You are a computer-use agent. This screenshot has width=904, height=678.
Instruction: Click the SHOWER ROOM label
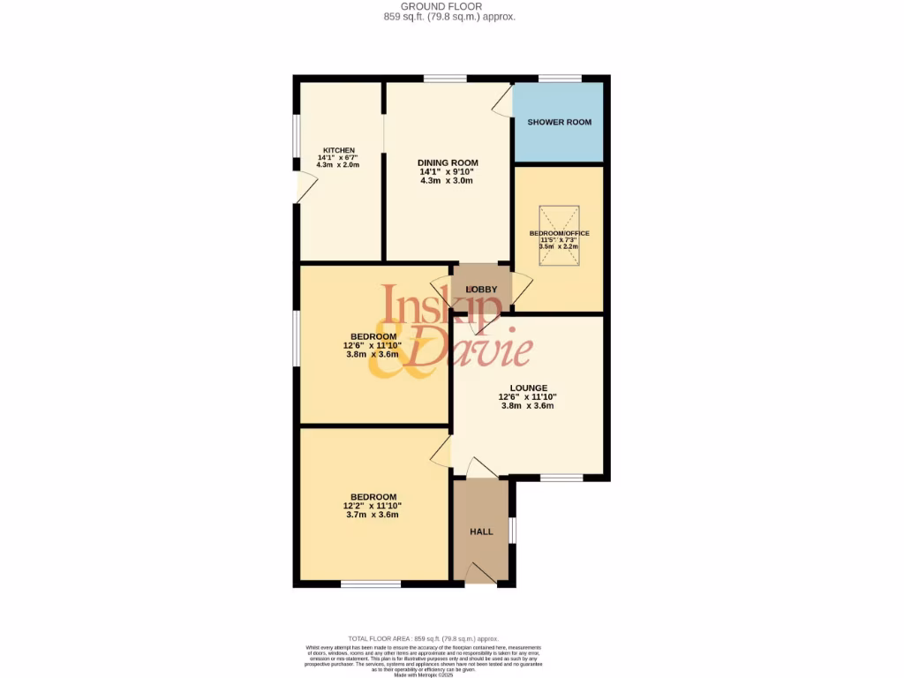[x=559, y=122]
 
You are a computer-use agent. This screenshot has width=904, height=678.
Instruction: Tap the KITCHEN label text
[x=338, y=150]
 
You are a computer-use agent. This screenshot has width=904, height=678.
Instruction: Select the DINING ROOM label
[x=448, y=162]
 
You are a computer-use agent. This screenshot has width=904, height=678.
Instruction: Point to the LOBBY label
[x=482, y=290]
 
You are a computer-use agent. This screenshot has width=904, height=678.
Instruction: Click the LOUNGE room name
[x=528, y=388]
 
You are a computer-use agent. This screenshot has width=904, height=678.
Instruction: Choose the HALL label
[x=481, y=531]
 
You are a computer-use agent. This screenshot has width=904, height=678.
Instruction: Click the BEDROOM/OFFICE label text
[x=559, y=233]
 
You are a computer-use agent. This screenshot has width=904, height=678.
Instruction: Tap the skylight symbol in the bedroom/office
[x=559, y=236]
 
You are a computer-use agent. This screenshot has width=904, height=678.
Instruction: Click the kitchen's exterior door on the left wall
[x=305, y=186]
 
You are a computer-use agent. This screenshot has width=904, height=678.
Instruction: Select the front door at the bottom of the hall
[x=480, y=573]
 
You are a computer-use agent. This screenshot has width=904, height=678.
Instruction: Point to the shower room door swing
[x=502, y=101]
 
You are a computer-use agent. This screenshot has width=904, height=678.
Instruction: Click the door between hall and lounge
[x=481, y=468]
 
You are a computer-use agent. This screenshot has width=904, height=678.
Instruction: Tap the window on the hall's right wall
[x=513, y=531]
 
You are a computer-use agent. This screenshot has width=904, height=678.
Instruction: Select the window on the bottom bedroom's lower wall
[x=370, y=584]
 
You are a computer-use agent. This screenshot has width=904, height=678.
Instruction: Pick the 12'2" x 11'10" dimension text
[x=372, y=506]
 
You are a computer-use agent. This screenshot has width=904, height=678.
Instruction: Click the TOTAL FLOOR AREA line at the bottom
[x=423, y=638]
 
